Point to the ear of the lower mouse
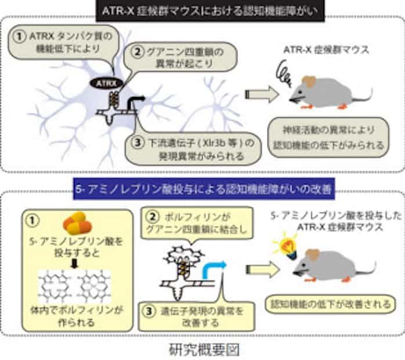[x=313, y=254]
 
